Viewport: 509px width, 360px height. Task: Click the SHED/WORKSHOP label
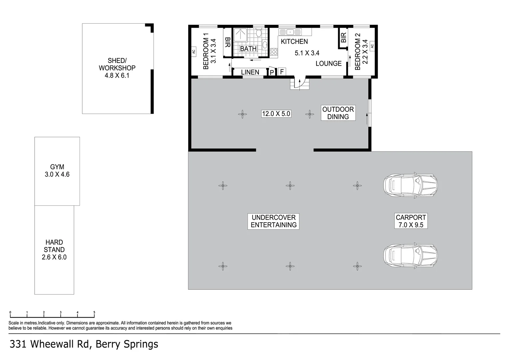[117, 68]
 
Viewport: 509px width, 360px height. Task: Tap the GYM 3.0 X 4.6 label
[57, 171]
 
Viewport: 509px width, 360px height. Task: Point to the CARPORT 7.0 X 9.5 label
[411, 221]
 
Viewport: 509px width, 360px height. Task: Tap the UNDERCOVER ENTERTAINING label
[273, 221]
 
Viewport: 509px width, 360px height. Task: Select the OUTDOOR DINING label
[338, 113]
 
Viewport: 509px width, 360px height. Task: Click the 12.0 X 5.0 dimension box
[276, 114]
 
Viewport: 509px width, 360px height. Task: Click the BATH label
[248, 49]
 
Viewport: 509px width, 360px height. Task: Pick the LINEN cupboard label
[250, 72]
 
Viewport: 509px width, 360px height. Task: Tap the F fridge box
[281, 72]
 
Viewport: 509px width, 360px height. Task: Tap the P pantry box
[272, 72]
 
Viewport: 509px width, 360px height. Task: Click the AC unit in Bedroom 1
[194, 52]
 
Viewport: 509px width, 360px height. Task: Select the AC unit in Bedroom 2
[372, 46]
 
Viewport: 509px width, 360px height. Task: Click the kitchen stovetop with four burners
[274, 52]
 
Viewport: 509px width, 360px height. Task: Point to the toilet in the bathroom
[258, 33]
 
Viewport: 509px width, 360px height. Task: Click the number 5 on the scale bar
[94, 312]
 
